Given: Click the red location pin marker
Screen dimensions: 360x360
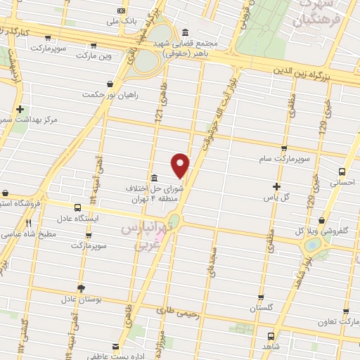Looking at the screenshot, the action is click(x=181, y=165).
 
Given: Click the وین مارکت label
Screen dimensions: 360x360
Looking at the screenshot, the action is click(x=95, y=55).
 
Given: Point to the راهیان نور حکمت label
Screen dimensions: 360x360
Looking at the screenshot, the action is click(x=111, y=94).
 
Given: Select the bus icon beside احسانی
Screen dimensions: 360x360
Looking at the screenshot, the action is click(x=342, y=171).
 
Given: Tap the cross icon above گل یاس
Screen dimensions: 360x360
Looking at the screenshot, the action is click(x=277, y=186).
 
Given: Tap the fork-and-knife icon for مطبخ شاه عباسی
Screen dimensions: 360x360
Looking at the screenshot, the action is click(x=29, y=223).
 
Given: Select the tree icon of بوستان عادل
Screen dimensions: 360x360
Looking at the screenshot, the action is click(x=81, y=288).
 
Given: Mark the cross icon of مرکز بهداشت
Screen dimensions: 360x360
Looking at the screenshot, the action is click(x=20, y=110).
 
